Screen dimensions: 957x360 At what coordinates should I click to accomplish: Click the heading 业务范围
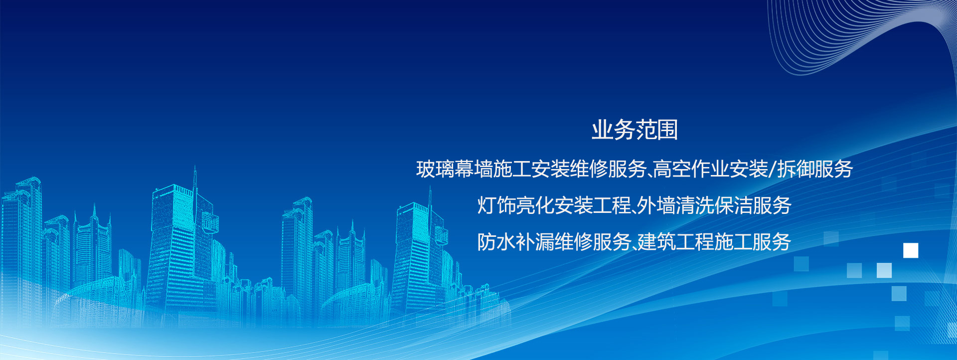(x=635, y=130)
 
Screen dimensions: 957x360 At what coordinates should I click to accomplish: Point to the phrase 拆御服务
(x=815, y=170)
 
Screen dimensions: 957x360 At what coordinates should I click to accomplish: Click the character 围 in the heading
(x=668, y=130)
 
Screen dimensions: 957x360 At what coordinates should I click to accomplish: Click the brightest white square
(x=911, y=250)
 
